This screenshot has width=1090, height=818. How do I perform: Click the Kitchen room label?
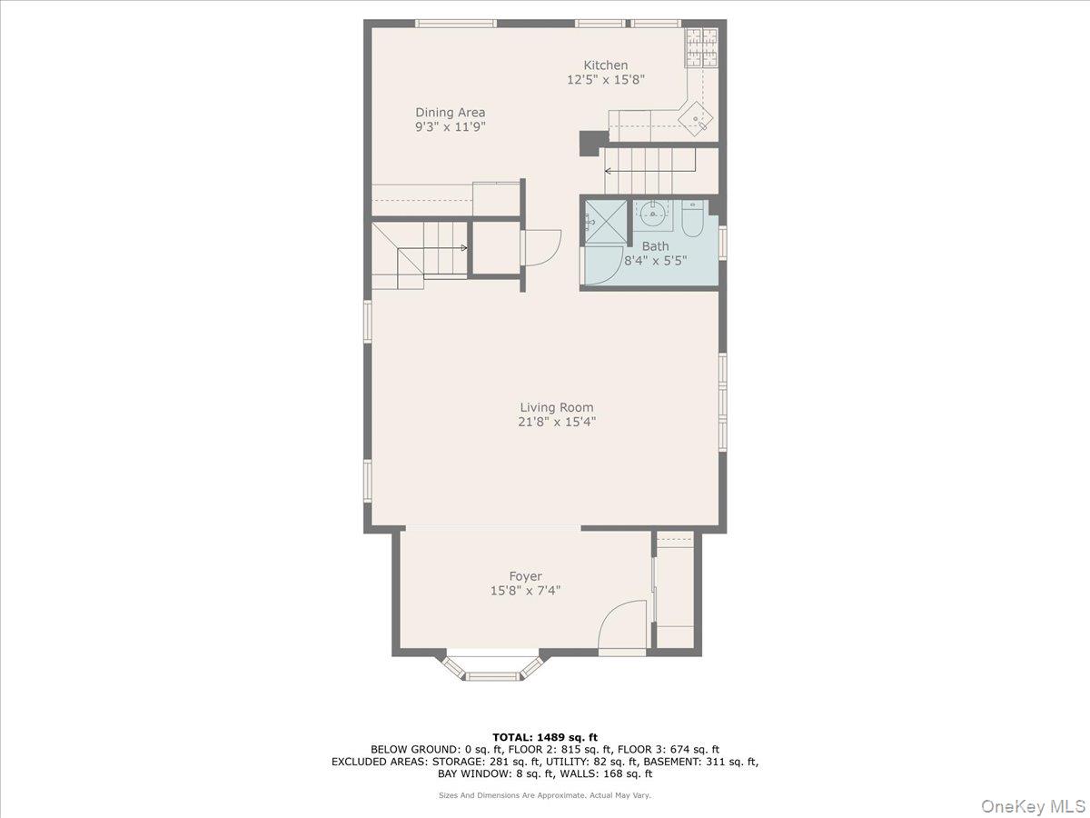click(x=605, y=65)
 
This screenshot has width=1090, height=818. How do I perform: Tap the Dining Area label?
click(x=451, y=113)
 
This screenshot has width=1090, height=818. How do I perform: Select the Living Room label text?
click(x=557, y=407)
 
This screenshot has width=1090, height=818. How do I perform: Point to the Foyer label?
click(x=525, y=576)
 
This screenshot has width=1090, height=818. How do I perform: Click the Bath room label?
click(x=655, y=246)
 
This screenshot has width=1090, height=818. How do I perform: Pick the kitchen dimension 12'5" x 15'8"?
click(x=605, y=80)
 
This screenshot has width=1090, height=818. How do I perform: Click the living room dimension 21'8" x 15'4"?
click(x=557, y=422)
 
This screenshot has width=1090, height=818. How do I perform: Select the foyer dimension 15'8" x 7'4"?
click(x=525, y=591)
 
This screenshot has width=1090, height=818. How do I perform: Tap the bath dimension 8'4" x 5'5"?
click(x=655, y=260)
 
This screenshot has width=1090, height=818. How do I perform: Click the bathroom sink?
click(x=652, y=215)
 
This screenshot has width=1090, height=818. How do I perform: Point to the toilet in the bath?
click(x=693, y=220)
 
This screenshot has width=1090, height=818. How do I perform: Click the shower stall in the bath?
click(x=604, y=221)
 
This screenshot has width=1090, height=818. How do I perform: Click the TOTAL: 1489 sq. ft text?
click(x=545, y=737)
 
